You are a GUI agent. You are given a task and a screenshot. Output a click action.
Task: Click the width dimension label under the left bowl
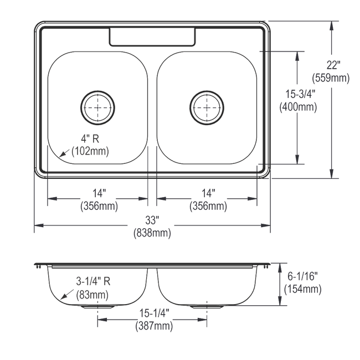[x=99, y=201]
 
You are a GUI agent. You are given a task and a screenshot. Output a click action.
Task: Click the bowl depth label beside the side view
[x=302, y=282]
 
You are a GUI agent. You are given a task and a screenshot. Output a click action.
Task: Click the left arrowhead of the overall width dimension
[x=37, y=225]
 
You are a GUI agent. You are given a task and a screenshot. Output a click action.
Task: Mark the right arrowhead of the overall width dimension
[x=268, y=225]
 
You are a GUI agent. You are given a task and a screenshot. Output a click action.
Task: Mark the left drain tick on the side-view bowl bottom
[x=99, y=306]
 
